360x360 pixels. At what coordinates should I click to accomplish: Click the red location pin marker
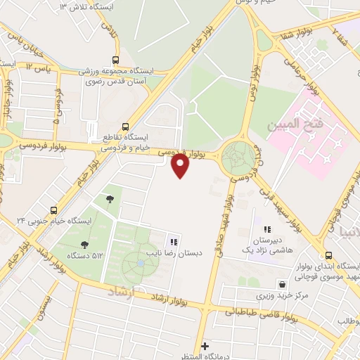181,165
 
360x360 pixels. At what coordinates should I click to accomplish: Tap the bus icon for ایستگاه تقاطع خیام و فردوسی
125,127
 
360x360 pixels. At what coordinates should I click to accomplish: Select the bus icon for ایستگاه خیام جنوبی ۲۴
54,210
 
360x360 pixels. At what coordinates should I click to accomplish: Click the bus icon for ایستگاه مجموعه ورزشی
115,61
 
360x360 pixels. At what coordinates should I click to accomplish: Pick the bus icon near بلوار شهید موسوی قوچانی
329,256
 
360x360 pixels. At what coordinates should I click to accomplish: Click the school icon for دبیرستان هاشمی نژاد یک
267,229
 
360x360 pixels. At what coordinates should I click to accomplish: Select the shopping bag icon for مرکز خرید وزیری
282,285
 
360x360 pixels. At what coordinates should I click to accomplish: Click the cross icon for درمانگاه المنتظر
205,346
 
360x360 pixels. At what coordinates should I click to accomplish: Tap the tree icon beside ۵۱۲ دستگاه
85,245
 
